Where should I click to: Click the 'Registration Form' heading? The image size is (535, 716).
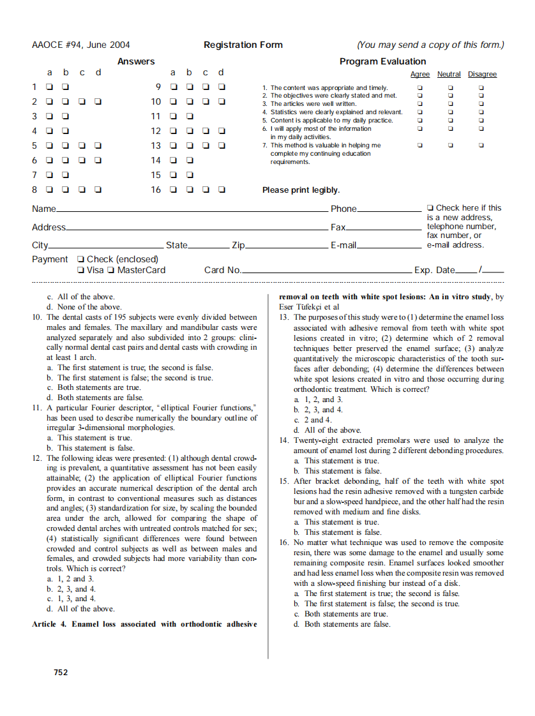pos(243,45)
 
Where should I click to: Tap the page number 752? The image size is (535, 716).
pos(61,672)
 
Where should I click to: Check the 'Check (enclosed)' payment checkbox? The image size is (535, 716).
pos(80,260)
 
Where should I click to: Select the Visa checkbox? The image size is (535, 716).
pos(80,271)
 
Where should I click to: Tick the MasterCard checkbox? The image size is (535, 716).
pos(112,271)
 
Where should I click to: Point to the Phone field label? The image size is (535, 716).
pos(343,209)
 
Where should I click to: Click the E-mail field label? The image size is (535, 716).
pos(343,245)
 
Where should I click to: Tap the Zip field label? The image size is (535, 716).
pos(238,245)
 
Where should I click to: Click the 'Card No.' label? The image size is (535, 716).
pos(222,270)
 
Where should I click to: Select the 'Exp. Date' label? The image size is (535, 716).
pos(434,270)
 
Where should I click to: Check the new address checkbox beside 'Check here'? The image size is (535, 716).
pos(430,208)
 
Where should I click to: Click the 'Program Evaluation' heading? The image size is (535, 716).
pos(382,61)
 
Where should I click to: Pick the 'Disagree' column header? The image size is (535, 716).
pos(482,75)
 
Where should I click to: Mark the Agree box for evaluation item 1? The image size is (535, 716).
pos(419,87)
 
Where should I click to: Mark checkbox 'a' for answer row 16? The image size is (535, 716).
pos(173,190)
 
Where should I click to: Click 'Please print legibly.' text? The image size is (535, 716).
pos(301,190)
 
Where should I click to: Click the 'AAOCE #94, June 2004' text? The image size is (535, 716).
pos(80,45)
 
